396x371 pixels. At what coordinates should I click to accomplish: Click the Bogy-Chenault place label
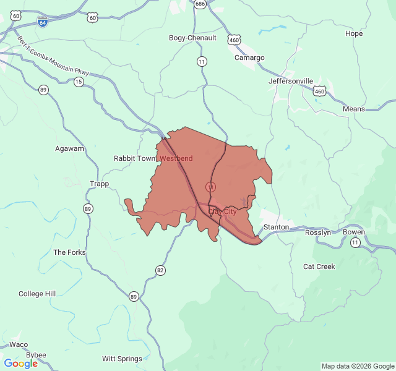192,38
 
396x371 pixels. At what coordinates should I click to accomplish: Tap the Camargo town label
249,58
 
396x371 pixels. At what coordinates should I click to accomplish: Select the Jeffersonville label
291,81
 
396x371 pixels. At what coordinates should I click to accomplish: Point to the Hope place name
354,33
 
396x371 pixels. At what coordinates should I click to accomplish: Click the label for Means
354,109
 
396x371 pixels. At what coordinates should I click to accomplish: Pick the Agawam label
69,148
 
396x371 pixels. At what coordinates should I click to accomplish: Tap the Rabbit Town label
135,158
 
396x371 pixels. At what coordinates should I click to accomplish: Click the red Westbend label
176,158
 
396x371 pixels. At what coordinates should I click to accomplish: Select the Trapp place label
99,184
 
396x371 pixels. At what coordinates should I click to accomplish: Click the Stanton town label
276,227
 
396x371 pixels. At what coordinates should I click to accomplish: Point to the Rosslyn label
318,232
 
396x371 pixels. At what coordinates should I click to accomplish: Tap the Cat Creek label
319,267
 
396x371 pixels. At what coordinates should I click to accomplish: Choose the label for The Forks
69,252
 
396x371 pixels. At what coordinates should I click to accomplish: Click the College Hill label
37,294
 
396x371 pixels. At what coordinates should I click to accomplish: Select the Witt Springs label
122,359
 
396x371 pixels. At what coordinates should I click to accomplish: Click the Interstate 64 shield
42,22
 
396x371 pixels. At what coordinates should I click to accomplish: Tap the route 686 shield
200,4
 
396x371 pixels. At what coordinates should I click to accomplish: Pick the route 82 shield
161,270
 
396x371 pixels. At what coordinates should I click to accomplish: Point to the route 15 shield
79,82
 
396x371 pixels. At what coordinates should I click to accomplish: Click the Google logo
20,364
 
